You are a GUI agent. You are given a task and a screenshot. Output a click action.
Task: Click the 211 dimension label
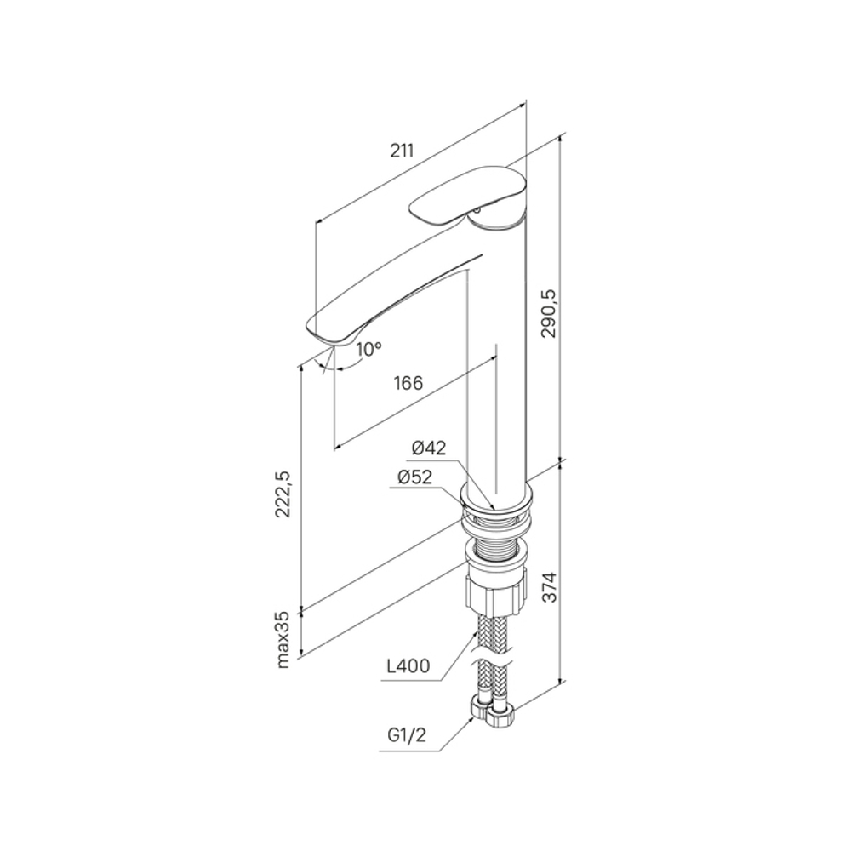tap(402, 151)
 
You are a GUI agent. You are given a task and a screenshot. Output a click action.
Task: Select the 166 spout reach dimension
tap(408, 383)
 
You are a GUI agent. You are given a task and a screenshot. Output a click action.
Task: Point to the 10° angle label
tap(369, 349)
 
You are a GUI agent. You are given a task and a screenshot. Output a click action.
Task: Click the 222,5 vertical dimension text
tap(283, 494)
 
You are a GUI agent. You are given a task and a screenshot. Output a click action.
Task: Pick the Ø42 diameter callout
tap(429, 448)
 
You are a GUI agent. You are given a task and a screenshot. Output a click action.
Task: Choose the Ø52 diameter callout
tap(415, 477)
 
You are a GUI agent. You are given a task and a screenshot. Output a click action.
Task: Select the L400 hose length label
tap(408, 666)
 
